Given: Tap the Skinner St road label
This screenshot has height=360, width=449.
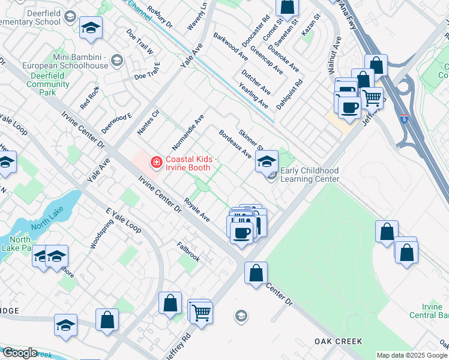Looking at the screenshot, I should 252,139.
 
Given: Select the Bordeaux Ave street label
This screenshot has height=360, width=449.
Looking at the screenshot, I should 235,144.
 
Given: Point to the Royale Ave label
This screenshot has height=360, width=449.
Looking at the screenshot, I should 197,209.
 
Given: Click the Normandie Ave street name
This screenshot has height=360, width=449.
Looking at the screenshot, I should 188,132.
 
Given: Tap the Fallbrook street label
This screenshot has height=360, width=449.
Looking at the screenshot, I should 188,251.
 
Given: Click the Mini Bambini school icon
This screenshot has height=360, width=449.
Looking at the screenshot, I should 116,61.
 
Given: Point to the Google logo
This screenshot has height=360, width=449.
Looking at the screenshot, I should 19,353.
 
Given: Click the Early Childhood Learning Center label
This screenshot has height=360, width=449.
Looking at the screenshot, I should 310,175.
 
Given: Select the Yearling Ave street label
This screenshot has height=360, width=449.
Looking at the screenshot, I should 253,96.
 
